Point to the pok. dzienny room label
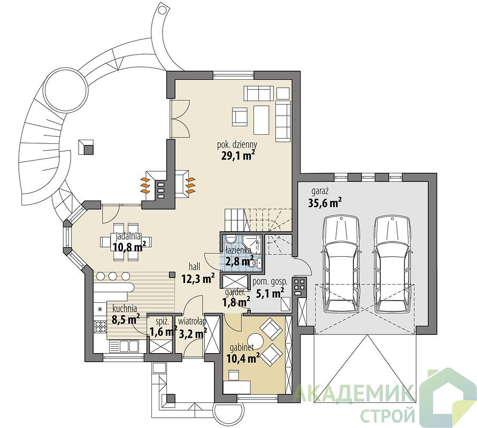[x=237, y=144]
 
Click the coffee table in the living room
[x=261, y=120]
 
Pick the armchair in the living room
[x=240, y=117]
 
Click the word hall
[x=195, y=266]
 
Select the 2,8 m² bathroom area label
[x=240, y=261]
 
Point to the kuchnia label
[x=125, y=308]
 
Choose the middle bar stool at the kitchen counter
[x=112, y=277]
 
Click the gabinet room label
[x=242, y=347]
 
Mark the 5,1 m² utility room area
[x=268, y=293]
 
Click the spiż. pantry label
[x=160, y=322]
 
